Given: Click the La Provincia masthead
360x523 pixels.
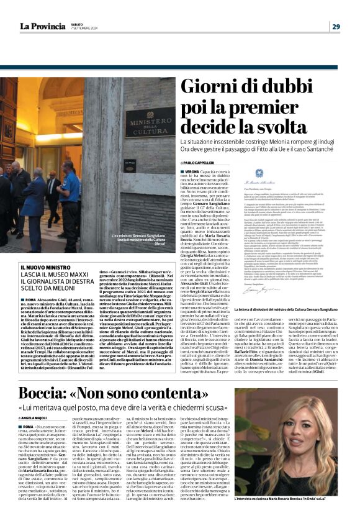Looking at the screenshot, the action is point(43,25).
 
